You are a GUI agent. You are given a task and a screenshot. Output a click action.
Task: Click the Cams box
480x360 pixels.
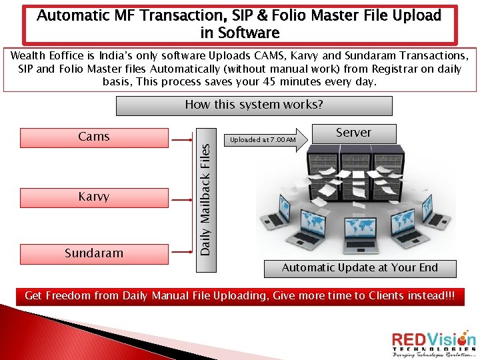(x=94, y=137)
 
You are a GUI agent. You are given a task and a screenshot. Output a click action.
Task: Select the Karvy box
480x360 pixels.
(x=94, y=197)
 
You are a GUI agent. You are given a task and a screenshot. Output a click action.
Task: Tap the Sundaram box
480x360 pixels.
(x=94, y=253)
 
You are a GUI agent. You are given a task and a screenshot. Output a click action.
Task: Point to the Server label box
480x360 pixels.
(x=353, y=133)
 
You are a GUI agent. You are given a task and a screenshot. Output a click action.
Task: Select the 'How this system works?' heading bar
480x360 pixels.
(x=254, y=105)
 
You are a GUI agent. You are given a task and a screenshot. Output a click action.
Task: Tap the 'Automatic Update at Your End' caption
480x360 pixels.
(x=360, y=268)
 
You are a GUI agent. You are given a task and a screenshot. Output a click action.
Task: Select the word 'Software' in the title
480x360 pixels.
(x=250, y=33)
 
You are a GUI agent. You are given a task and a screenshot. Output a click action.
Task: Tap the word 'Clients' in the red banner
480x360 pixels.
(x=379, y=295)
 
